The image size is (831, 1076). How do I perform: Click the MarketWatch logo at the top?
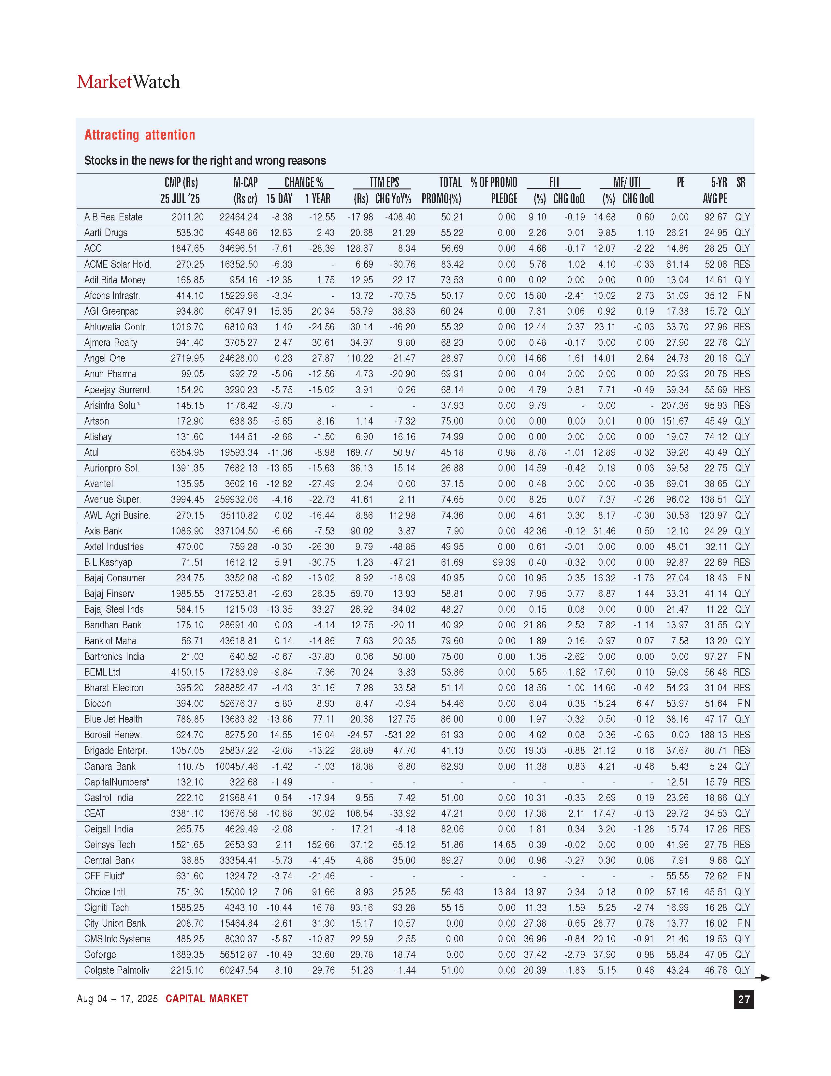pos(128,82)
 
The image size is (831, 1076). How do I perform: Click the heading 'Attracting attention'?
pos(140,135)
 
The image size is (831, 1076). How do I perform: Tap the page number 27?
pos(743,999)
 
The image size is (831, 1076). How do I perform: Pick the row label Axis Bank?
pos(103,531)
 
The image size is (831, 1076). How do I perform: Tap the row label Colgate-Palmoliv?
pos(117,970)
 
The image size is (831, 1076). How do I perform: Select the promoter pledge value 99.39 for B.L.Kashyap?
pos(504,562)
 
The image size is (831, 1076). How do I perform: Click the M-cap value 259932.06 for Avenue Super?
pos(236,500)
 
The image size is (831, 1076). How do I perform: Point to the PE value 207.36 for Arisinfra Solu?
pos(675,406)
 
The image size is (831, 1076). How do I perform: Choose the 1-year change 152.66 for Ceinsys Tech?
pos(320,845)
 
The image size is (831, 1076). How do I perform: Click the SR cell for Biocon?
pos(743,704)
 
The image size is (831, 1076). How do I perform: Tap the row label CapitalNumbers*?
pos(117,782)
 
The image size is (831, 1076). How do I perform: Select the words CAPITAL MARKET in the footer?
pos(207,999)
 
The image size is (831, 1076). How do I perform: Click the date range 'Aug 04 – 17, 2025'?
pos(117,999)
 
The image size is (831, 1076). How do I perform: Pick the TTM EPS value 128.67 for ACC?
pos(359,248)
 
